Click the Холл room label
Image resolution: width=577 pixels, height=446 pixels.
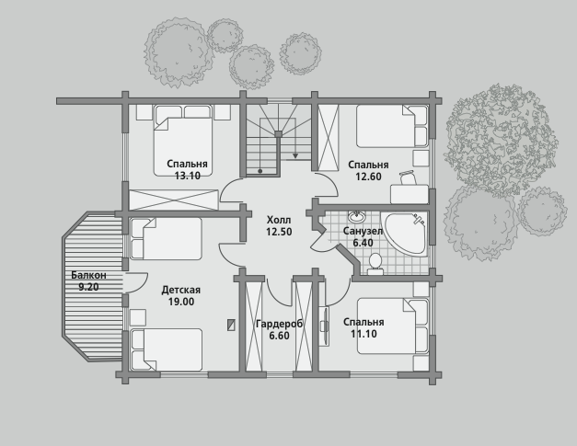[x=279, y=220]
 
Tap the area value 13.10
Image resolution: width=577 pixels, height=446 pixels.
[x=188, y=176]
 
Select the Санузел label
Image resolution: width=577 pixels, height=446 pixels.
[x=363, y=231]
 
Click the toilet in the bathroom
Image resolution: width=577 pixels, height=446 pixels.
[x=375, y=265]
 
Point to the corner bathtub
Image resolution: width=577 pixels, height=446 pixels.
[x=406, y=233]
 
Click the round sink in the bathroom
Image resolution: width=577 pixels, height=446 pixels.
[x=356, y=216]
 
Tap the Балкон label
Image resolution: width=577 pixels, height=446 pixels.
[x=88, y=275]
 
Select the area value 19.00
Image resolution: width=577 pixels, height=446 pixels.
[x=181, y=302]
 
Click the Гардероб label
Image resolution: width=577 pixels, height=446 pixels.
[x=280, y=324]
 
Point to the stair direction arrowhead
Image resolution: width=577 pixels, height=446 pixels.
[x=295, y=156]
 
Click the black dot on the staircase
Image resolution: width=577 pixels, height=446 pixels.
[x=260, y=171]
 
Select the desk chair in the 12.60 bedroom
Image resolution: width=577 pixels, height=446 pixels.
[x=408, y=177]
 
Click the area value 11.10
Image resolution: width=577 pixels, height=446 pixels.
[x=364, y=334]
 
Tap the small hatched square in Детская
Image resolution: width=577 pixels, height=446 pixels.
[x=231, y=325]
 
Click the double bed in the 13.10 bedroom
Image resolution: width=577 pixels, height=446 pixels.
[x=183, y=141]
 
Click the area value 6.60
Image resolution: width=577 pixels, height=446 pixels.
[x=280, y=336]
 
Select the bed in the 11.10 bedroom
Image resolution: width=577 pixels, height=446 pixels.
[x=393, y=326]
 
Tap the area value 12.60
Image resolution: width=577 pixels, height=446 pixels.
[x=368, y=177]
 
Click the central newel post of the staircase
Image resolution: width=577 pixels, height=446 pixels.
[x=278, y=134]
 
